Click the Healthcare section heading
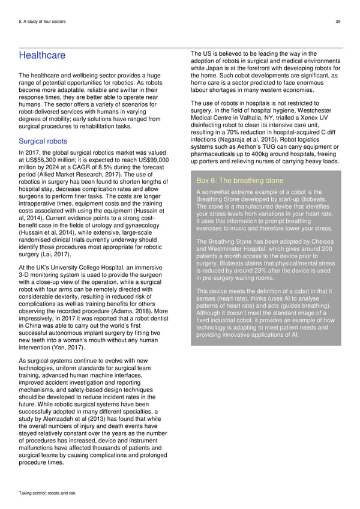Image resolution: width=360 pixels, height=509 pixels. coord(42,56)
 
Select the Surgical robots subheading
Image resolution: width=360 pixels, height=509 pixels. coord(43,142)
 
